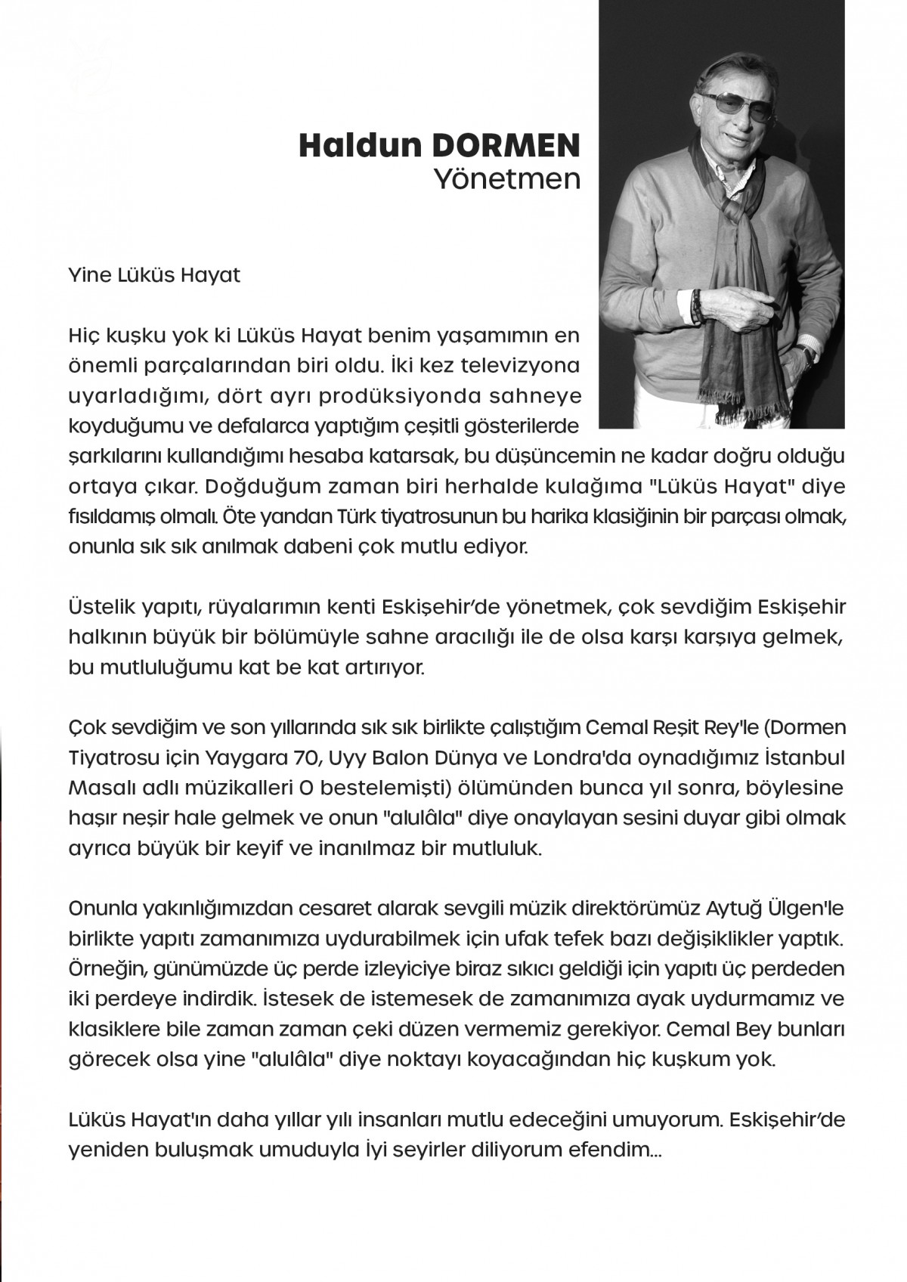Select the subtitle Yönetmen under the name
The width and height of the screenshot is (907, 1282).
point(506,179)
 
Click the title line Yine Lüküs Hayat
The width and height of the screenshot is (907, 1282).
point(153,274)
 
